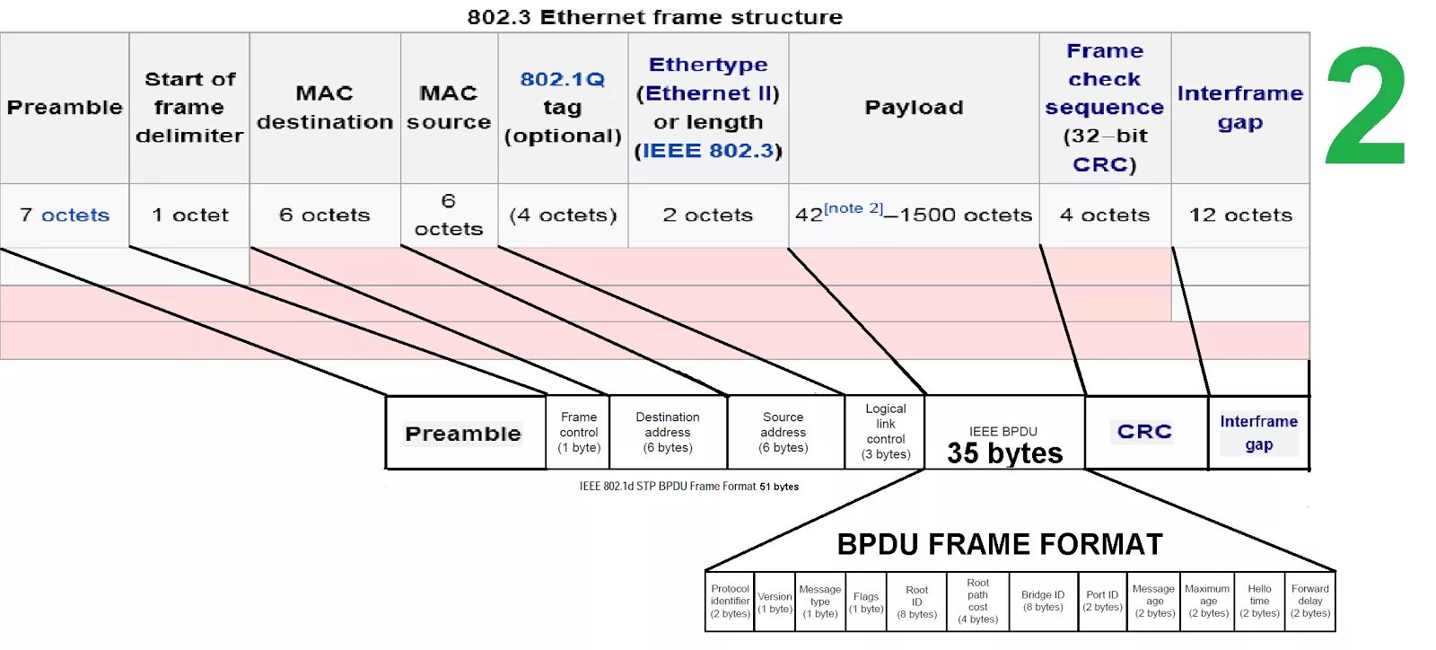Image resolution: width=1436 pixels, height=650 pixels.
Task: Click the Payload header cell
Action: tap(914, 108)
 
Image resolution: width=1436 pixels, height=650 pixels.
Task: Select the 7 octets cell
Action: tap(65, 215)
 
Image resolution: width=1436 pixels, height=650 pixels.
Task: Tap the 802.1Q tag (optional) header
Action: tap(563, 108)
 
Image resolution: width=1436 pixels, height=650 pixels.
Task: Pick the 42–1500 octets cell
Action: tap(914, 215)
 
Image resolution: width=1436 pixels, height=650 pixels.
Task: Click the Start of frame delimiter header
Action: tap(189, 108)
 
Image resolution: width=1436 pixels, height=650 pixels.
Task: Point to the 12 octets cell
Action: tap(1240, 215)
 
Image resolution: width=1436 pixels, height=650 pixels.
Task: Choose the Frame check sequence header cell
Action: tap(1105, 108)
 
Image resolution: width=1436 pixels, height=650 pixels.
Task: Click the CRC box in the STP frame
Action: tap(1144, 432)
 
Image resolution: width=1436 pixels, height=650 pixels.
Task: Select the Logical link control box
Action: tap(886, 432)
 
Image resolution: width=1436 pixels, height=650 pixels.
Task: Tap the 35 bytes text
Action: tap(1004, 453)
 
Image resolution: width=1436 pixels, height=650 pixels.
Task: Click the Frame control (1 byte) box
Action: tap(579, 432)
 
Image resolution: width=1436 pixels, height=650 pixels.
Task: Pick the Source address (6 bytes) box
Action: tap(784, 432)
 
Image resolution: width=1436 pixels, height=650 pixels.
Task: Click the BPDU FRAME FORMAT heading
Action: tap(1000, 544)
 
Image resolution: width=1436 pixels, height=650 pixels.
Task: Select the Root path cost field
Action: tap(977, 602)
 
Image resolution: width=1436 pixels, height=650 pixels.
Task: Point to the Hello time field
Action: tap(1259, 602)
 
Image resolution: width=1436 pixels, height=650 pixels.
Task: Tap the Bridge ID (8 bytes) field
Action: tap(1043, 602)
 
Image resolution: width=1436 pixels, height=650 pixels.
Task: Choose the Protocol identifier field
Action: tap(730, 602)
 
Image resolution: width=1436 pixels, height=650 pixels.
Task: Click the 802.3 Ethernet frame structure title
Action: tap(655, 17)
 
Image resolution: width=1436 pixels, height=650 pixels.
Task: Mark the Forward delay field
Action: tap(1310, 602)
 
